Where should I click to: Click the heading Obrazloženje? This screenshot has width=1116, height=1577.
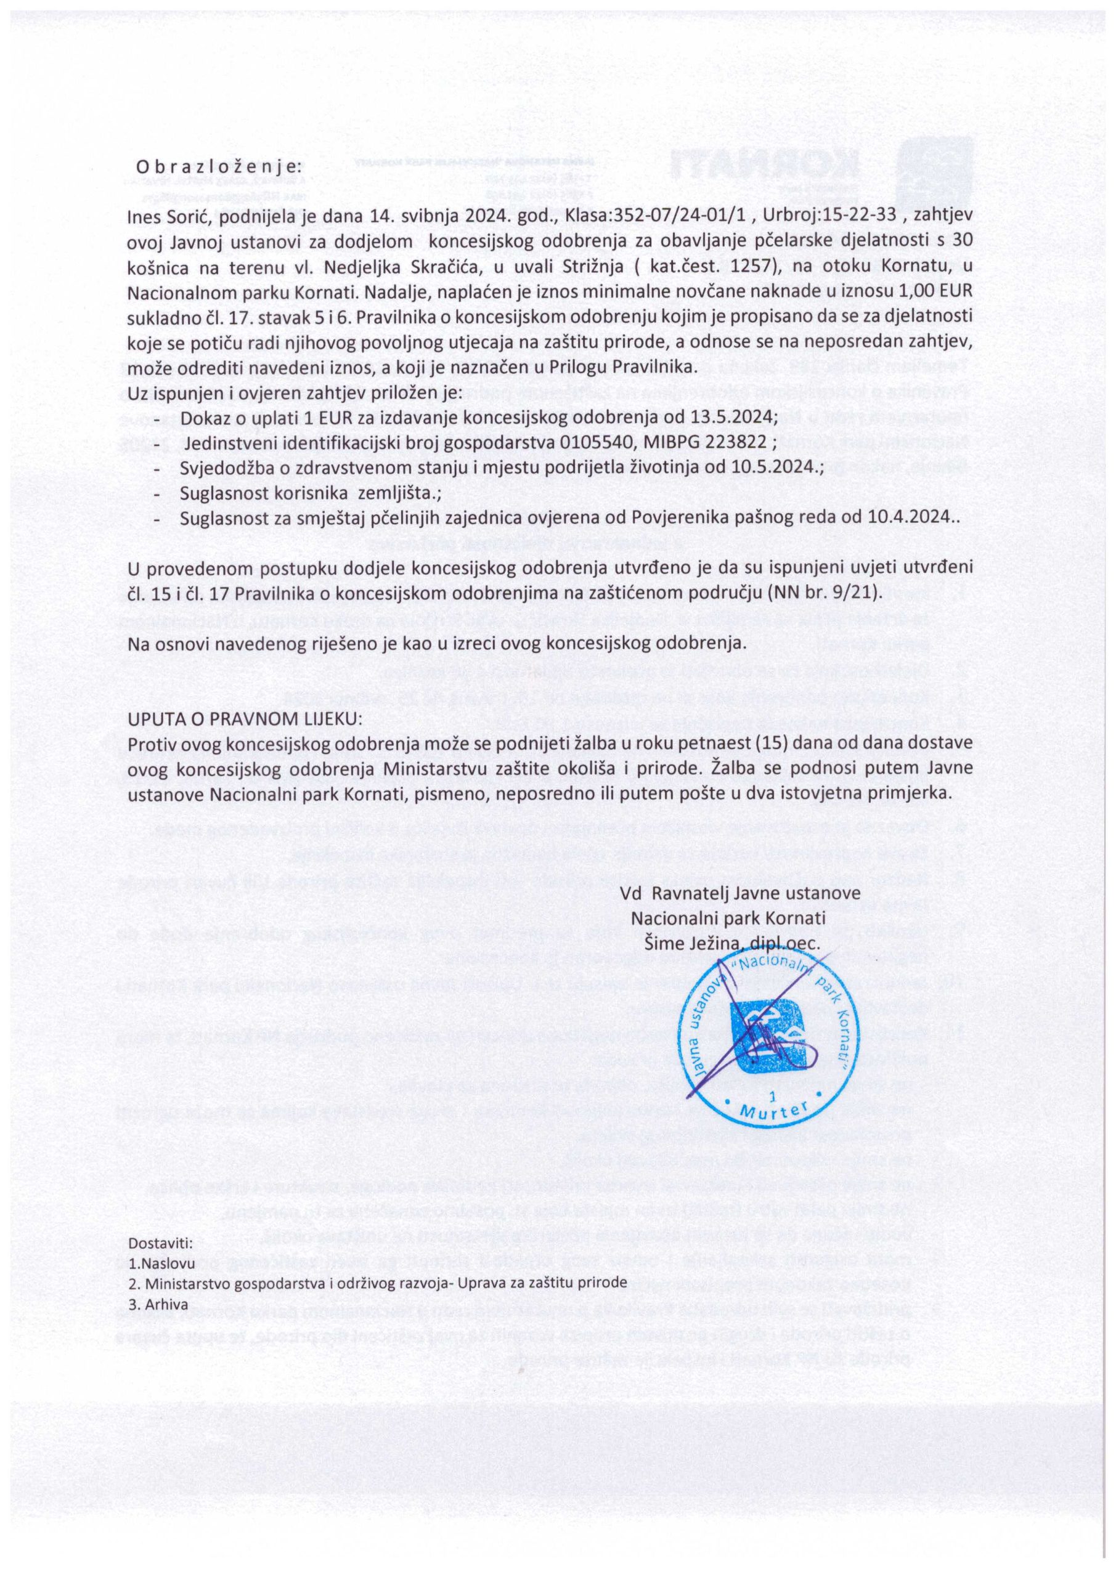click(219, 166)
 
